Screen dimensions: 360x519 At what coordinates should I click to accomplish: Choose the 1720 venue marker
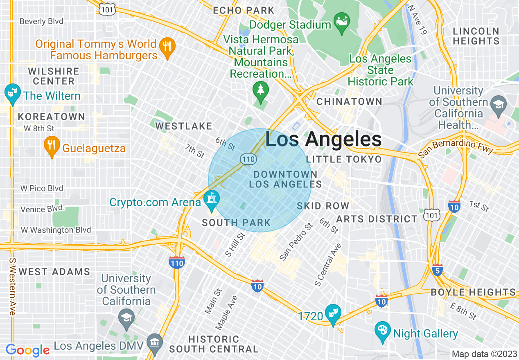(332, 314)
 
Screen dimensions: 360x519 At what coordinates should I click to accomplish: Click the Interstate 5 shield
(437, 270)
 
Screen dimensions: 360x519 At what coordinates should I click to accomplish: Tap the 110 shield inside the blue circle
(248, 159)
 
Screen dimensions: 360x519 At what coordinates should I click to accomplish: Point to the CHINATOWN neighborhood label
(349, 101)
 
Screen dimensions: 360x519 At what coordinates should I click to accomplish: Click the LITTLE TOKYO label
(344, 159)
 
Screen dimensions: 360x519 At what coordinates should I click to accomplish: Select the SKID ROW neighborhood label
(323, 206)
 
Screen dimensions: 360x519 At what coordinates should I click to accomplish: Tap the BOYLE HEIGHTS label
(473, 292)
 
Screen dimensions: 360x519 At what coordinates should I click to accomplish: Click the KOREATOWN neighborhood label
(51, 117)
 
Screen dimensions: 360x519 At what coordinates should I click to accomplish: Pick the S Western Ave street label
(13, 286)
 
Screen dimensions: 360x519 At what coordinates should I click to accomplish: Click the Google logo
(27, 350)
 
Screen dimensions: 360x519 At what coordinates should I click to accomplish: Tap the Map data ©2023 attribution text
(484, 354)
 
